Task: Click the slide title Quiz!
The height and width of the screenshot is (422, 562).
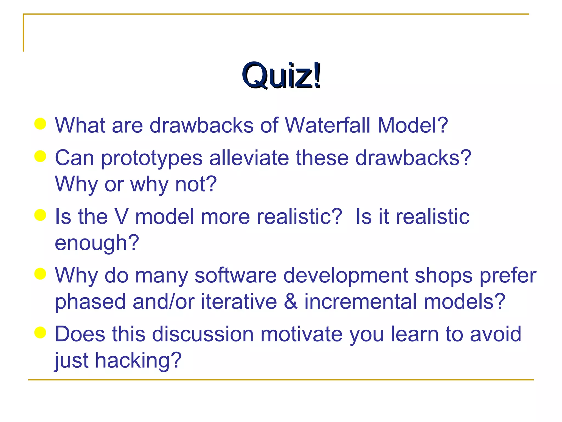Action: (x=281, y=75)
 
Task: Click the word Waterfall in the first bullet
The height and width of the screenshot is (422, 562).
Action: (x=328, y=125)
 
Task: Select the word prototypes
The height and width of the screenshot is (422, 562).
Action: (x=152, y=159)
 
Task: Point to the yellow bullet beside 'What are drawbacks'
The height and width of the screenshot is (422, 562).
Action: (x=40, y=124)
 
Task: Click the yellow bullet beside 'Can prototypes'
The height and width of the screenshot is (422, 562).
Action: (x=40, y=156)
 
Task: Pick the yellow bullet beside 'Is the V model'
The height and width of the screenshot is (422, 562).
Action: (x=40, y=215)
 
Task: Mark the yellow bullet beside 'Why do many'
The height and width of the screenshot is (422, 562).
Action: (x=40, y=274)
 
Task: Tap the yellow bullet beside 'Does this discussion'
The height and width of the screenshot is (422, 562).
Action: (x=40, y=332)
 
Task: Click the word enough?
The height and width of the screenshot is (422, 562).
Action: (x=97, y=243)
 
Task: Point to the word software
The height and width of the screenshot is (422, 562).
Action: (x=236, y=275)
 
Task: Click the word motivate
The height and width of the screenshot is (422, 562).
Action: (x=301, y=334)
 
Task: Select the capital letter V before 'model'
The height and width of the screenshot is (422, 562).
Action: (x=121, y=216)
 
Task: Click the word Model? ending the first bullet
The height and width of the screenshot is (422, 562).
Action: (x=412, y=125)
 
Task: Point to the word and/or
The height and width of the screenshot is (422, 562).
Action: (x=164, y=301)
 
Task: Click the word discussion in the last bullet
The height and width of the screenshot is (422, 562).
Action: (x=203, y=334)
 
